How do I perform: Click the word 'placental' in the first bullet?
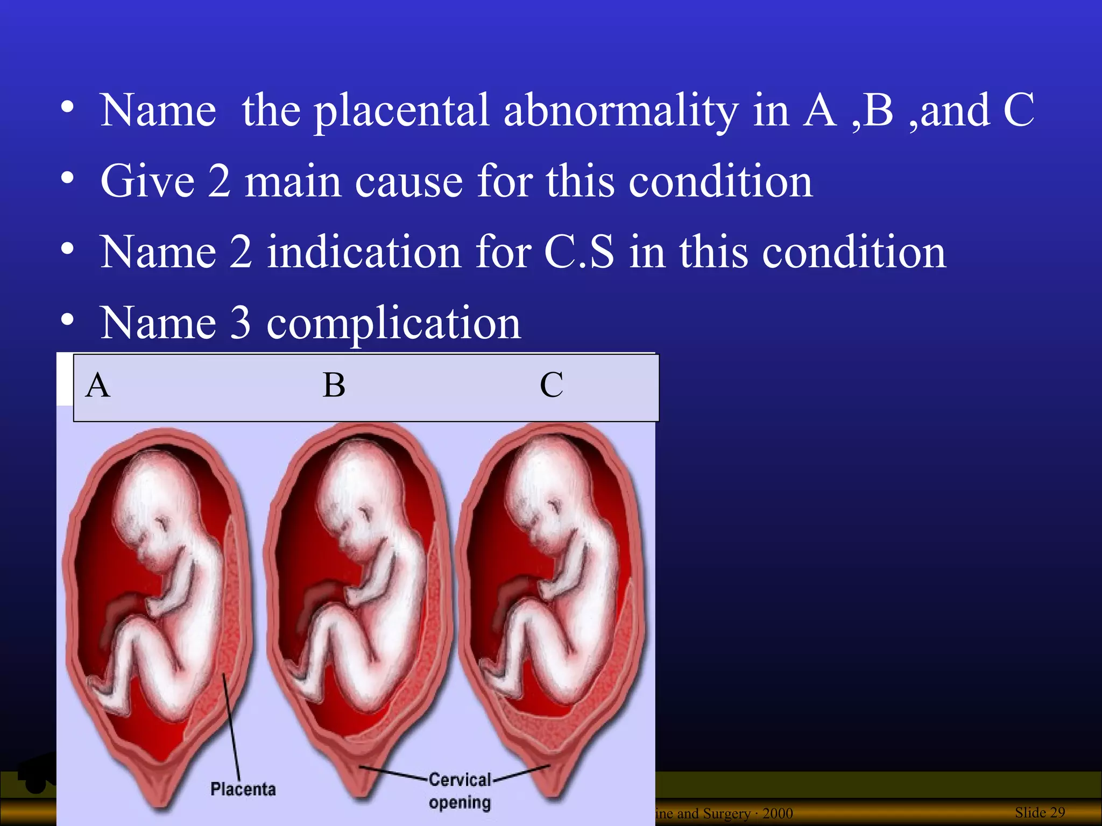tap(401, 111)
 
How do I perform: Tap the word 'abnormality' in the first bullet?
tap(621, 111)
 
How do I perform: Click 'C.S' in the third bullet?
tap(579, 252)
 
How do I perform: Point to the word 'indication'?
tap(364, 252)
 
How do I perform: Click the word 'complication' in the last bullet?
tap(393, 324)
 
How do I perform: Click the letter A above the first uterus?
tap(98, 386)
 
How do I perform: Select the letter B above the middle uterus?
tap(334, 386)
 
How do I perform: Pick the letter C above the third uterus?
tap(552, 386)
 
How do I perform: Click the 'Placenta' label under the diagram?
tap(243, 789)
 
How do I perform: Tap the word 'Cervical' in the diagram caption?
tap(460, 780)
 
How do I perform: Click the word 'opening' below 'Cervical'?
tap(460, 803)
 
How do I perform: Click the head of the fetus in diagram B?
tap(361, 484)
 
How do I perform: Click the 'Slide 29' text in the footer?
tap(1040, 812)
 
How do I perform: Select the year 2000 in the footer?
tap(778, 814)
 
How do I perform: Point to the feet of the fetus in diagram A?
tap(110, 696)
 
